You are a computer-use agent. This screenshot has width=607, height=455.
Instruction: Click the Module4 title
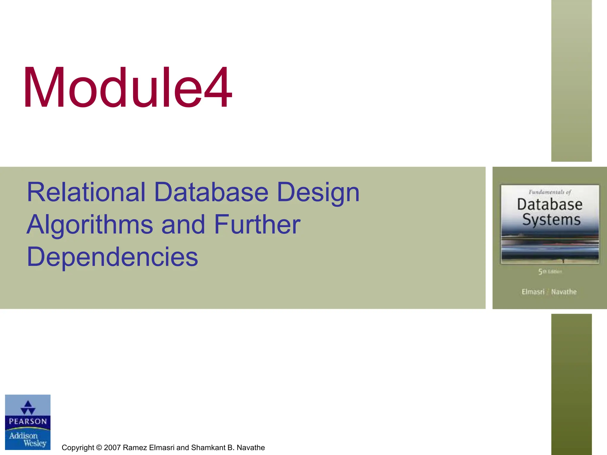point(127,88)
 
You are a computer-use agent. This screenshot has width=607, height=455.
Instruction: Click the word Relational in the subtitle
point(86,192)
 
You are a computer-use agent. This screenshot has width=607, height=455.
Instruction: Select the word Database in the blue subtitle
point(211,192)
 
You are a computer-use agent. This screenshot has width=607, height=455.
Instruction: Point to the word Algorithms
point(90,225)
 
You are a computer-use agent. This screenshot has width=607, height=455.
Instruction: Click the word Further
point(257,225)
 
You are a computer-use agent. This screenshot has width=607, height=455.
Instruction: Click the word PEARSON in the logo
point(28,421)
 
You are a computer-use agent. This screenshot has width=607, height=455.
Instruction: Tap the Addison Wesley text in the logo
point(28,439)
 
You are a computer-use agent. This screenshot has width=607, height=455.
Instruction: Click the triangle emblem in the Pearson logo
point(28,407)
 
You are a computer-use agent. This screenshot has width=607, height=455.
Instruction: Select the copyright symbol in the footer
point(99,448)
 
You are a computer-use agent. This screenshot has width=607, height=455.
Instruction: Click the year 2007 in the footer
point(112,448)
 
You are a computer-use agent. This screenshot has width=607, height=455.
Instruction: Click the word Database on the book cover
point(550,204)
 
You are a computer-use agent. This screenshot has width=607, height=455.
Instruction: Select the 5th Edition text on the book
point(550,272)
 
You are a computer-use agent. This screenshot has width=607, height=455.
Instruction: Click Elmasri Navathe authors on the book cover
point(549,292)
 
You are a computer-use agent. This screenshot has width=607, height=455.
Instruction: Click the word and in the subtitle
point(183,225)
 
